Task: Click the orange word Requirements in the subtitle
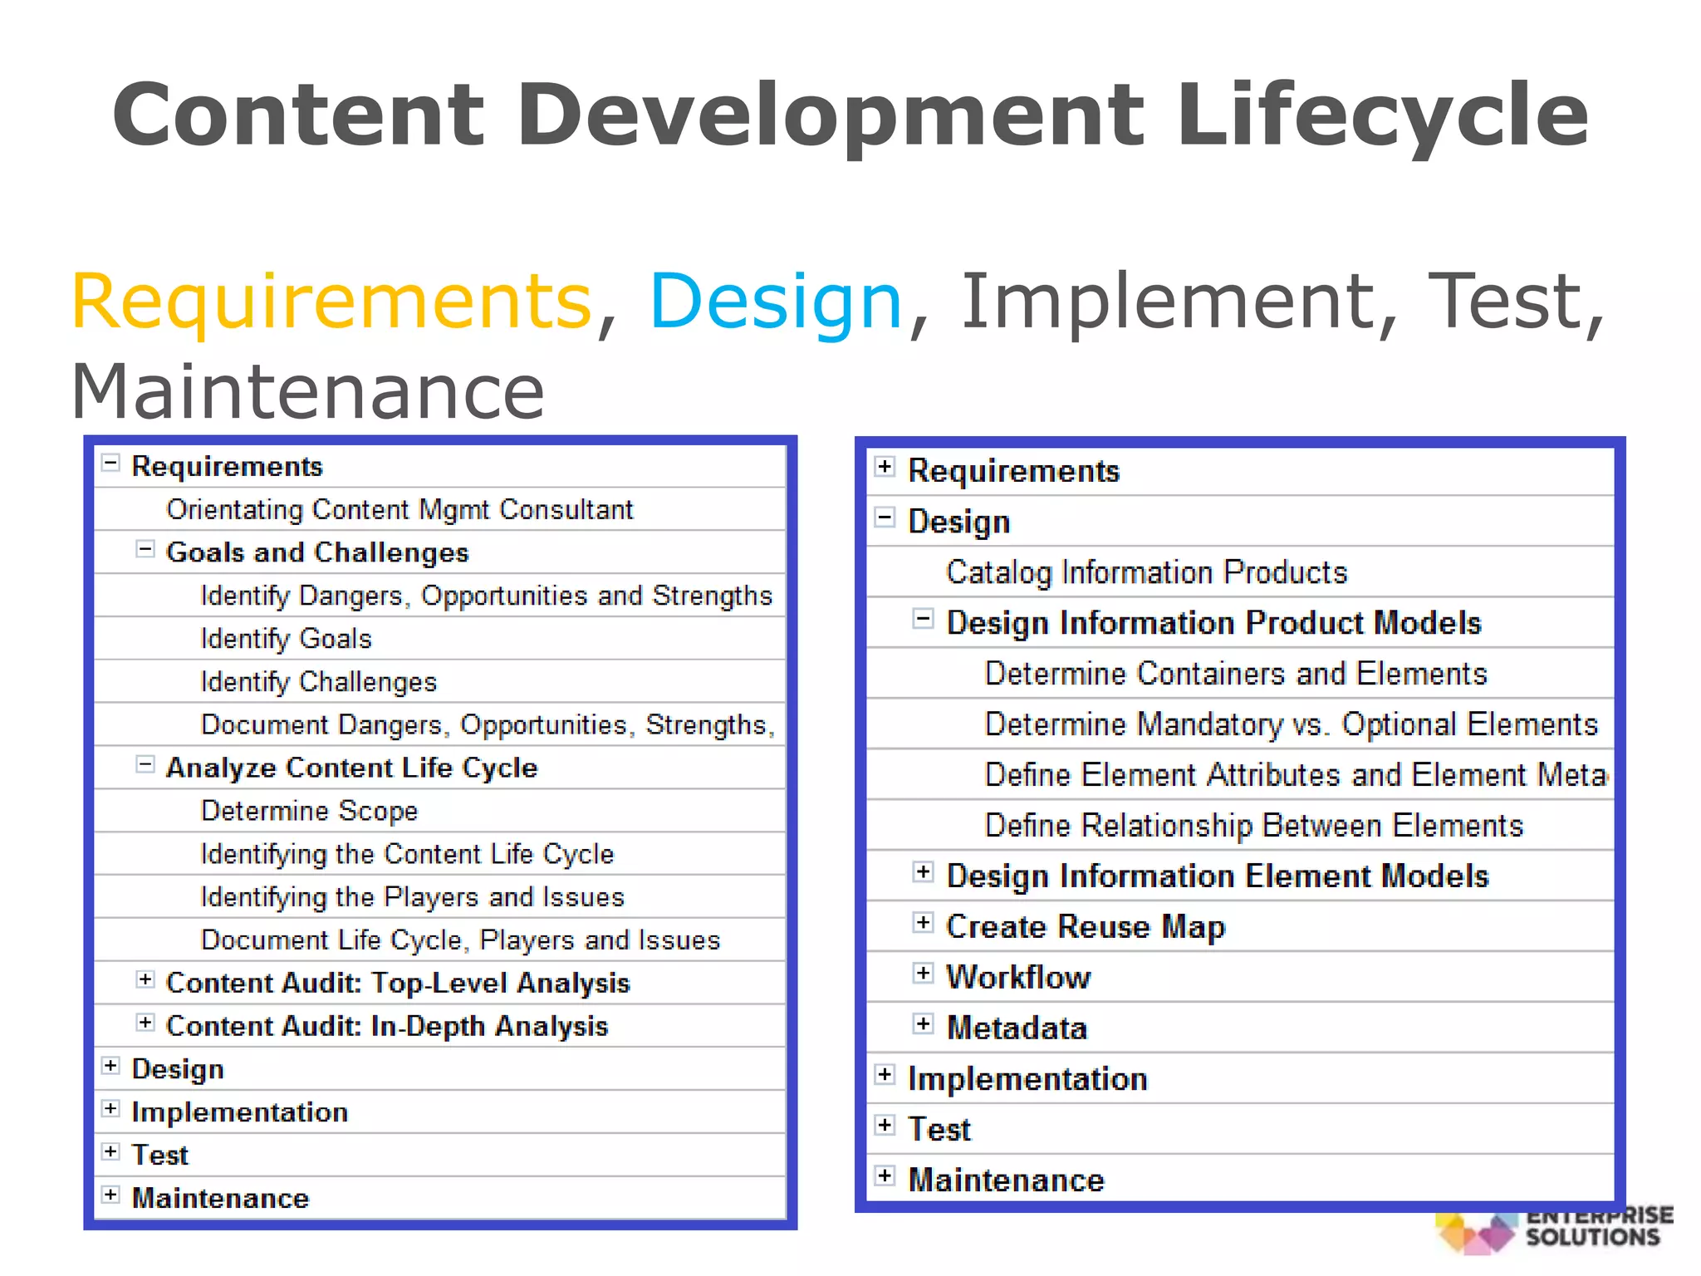[331, 301]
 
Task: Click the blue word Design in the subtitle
[775, 301]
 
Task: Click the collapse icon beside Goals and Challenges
[145, 549]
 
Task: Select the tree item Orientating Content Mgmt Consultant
[400, 509]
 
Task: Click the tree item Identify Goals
[286, 639]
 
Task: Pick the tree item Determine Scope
[309, 811]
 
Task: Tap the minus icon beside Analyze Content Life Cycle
[145, 764]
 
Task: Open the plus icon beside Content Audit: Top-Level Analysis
[145, 979]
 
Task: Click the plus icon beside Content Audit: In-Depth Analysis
[145, 1023]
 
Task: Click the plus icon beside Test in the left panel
[110, 1151]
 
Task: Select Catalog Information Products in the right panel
[1146, 572]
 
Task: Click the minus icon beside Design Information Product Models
[923, 619]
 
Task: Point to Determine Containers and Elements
[1236, 674]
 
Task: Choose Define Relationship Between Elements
[1254, 826]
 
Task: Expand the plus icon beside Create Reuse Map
[923, 923]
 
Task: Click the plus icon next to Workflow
[923, 974]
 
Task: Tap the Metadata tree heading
[1017, 1028]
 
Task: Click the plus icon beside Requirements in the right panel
[885, 467]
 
